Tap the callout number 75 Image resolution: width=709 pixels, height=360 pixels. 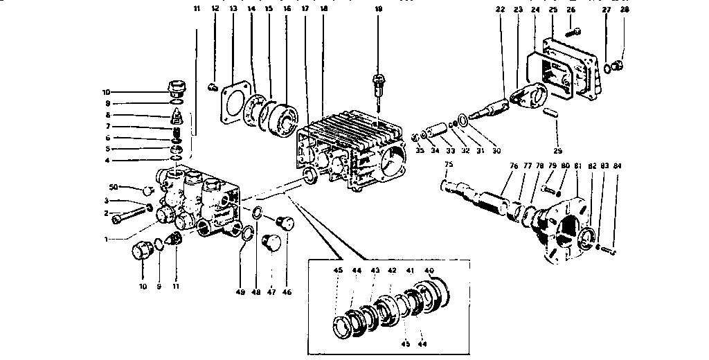point(448,165)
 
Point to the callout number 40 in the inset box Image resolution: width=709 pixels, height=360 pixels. point(429,270)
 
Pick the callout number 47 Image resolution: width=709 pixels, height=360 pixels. point(271,292)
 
